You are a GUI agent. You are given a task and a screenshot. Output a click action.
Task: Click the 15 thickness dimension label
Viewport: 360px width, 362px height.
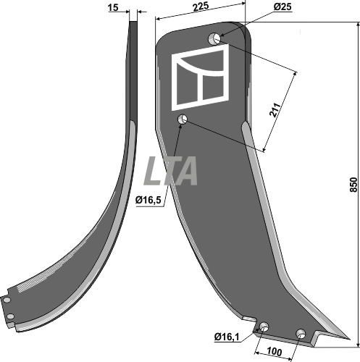tap(113, 8)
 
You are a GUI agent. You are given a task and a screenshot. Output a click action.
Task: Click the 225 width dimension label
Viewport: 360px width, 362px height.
tap(201, 7)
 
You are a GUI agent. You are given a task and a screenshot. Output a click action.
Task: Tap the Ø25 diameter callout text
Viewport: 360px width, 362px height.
tap(282, 7)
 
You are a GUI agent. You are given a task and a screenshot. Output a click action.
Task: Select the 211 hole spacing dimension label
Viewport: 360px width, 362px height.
tap(275, 110)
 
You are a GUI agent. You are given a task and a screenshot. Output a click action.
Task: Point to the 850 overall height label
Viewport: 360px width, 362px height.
tap(353, 185)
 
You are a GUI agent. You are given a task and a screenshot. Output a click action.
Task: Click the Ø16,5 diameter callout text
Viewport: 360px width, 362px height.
tap(148, 200)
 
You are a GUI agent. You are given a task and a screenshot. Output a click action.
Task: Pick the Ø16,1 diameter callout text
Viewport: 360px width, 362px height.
tap(227, 337)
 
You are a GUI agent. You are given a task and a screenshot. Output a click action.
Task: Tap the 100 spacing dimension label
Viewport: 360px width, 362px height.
tap(275, 352)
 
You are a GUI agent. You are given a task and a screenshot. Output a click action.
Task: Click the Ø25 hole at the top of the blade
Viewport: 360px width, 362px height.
tap(214, 38)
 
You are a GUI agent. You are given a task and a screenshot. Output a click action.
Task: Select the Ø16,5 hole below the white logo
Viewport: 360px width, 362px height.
tap(182, 119)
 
